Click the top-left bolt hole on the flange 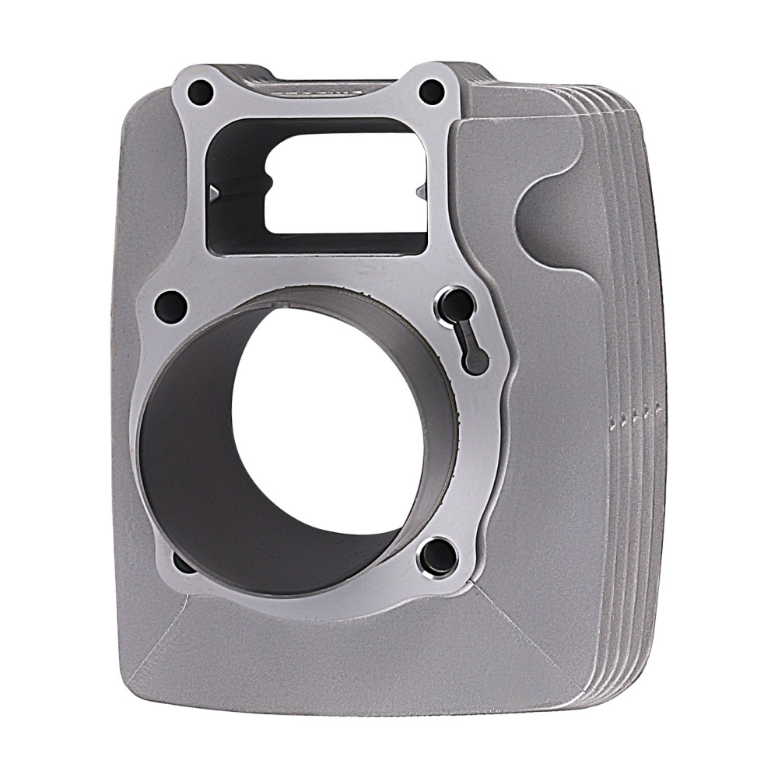click(x=201, y=93)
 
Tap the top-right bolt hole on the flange click(x=432, y=92)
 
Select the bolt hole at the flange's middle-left click(x=170, y=306)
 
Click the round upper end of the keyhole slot click(x=459, y=304)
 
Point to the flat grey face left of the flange click(x=136, y=233)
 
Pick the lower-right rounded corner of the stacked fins click(x=622, y=677)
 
